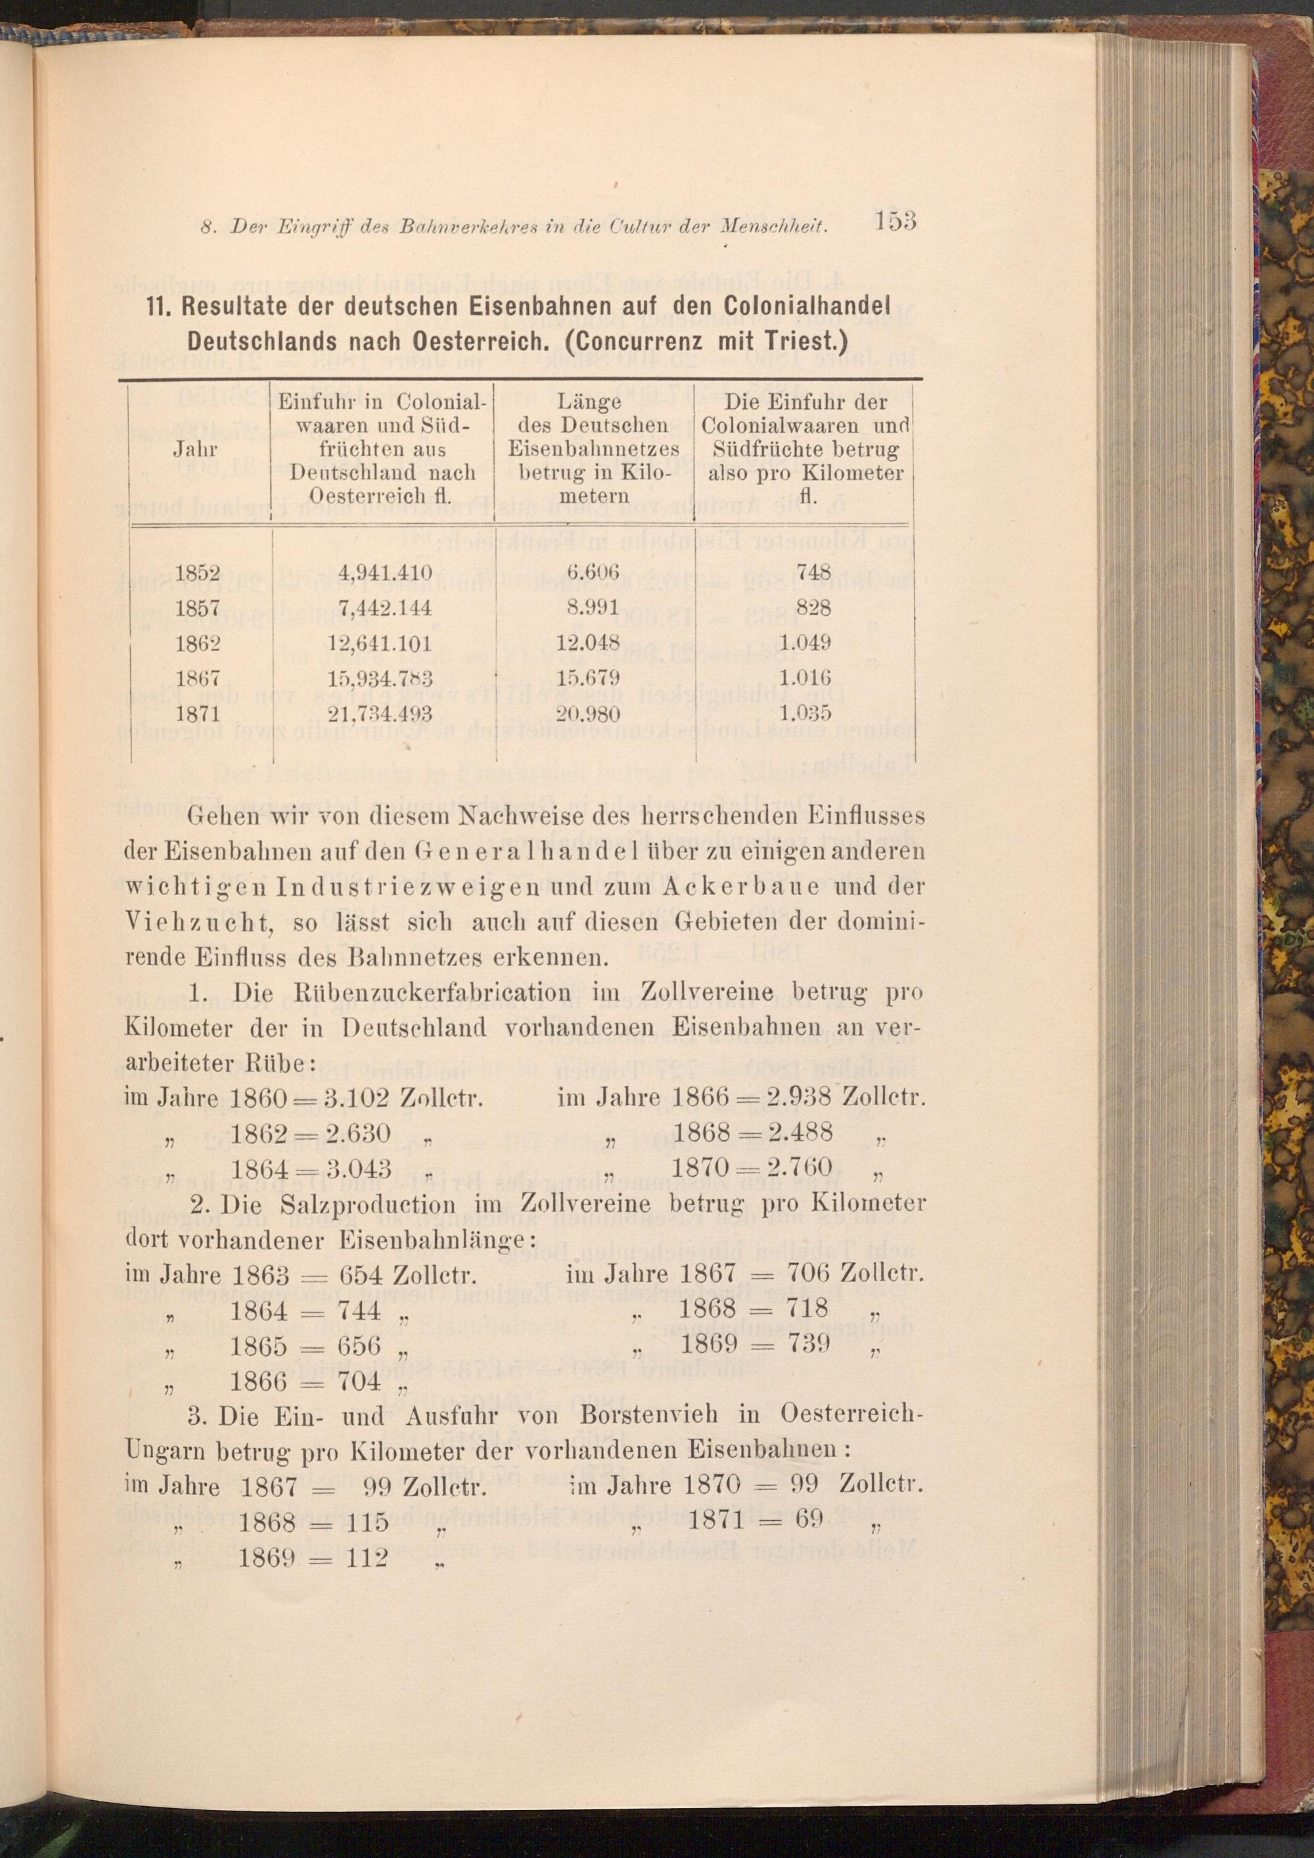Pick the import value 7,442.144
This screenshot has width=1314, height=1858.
pos(386,608)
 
